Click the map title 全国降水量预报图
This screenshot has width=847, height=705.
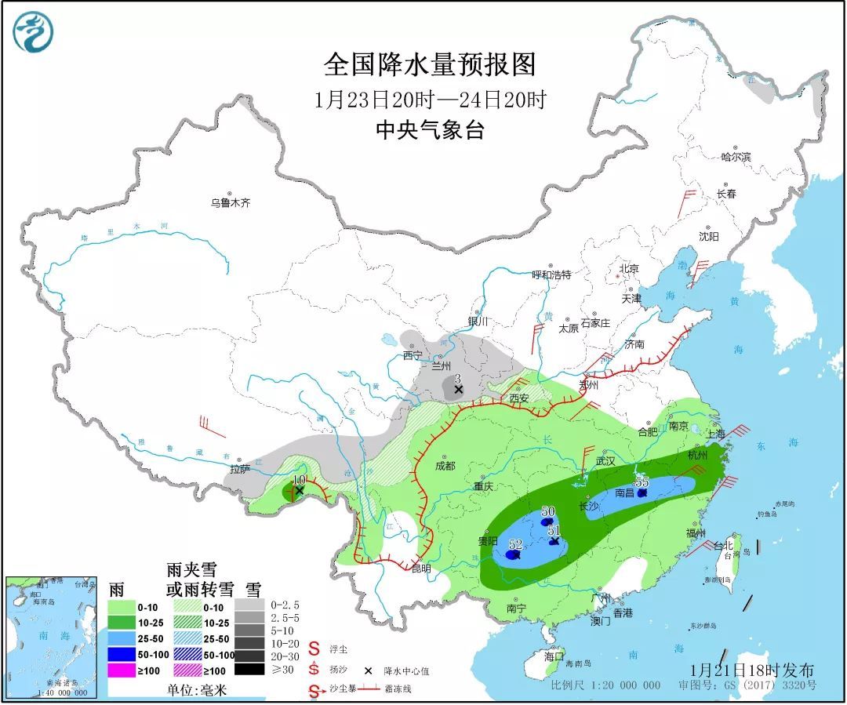pyautogui.click(x=429, y=65)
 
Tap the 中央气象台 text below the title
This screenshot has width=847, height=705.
pyautogui.click(x=429, y=129)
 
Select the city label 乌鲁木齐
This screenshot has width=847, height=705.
pyautogui.click(x=230, y=202)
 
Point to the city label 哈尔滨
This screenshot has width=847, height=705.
pyautogui.click(x=736, y=157)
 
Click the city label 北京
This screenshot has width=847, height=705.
pyautogui.click(x=628, y=269)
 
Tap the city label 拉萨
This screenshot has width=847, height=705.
pyautogui.click(x=240, y=470)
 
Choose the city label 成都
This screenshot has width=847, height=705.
pyautogui.click(x=445, y=466)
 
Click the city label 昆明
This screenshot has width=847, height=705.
pyautogui.click(x=421, y=569)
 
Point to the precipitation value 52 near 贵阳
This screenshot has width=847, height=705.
pyautogui.click(x=515, y=544)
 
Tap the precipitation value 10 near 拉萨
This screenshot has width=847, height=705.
pyautogui.click(x=298, y=479)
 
